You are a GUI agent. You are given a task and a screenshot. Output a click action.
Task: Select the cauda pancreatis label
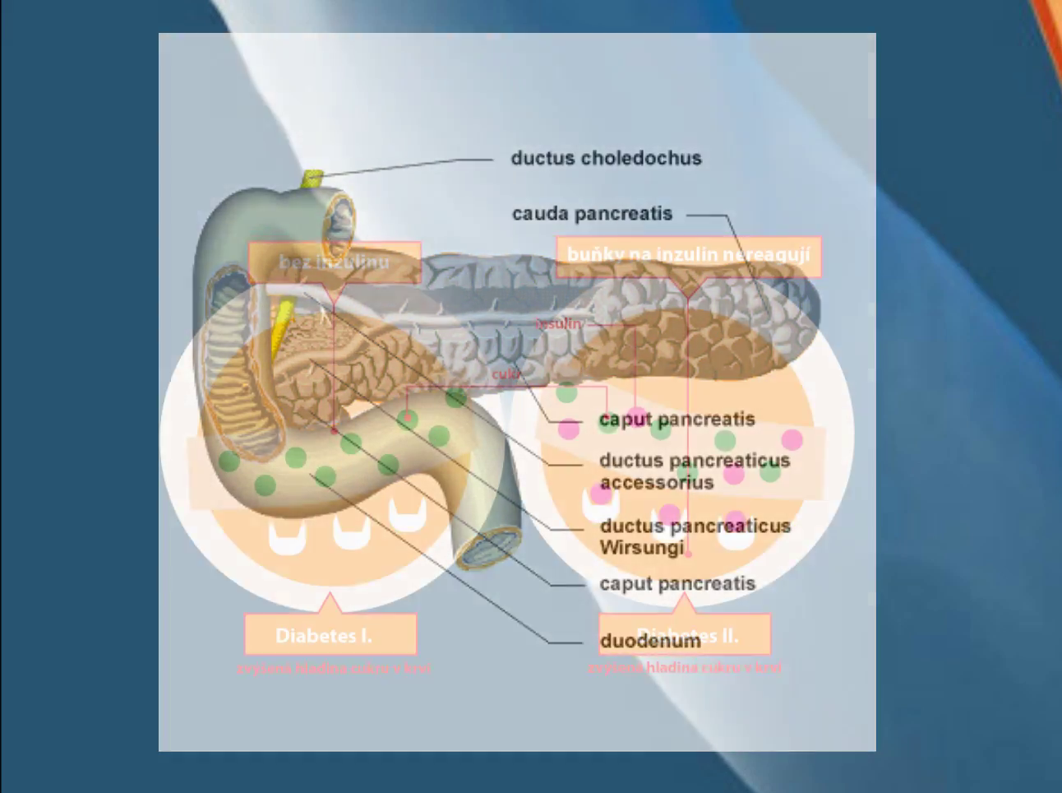(x=592, y=214)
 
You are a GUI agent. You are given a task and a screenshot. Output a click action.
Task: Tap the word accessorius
(x=656, y=483)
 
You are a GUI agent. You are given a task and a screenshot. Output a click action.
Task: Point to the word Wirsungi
(x=641, y=548)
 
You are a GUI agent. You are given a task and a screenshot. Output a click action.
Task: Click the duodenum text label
(x=649, y=641)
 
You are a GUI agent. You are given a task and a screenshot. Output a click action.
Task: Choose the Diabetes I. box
(x=330, y=635)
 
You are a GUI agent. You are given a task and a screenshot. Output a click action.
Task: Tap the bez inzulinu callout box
(x=335, y=262)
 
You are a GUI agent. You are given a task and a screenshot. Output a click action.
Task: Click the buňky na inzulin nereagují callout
(x=688, y=256)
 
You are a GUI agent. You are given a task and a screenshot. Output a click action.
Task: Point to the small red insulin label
(x=558, y=324)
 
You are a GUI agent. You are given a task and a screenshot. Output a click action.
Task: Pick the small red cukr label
(x=506, y=374)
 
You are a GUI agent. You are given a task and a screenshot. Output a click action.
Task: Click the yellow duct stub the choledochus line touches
(x=312, y=178)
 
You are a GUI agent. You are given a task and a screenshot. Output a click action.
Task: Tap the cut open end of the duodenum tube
(x=490, y=550)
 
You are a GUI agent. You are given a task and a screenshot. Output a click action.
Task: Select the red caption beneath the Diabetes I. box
(x=333, y=668)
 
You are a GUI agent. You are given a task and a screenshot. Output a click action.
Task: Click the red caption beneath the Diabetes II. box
(x=684, y=667)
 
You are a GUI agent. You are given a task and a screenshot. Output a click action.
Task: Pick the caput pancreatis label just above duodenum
(x=676, y=584)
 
